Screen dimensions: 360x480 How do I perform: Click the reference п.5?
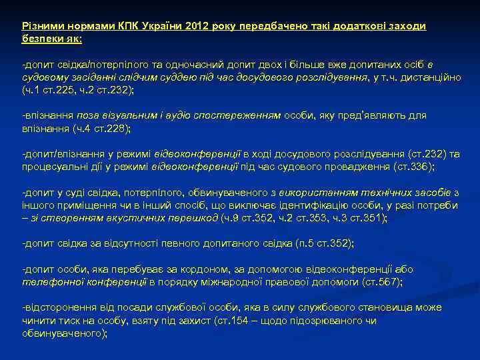tap(303, 243)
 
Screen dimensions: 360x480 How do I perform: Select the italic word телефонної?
tap(48, 282)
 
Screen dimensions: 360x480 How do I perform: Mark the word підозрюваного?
tap(321, 321)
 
